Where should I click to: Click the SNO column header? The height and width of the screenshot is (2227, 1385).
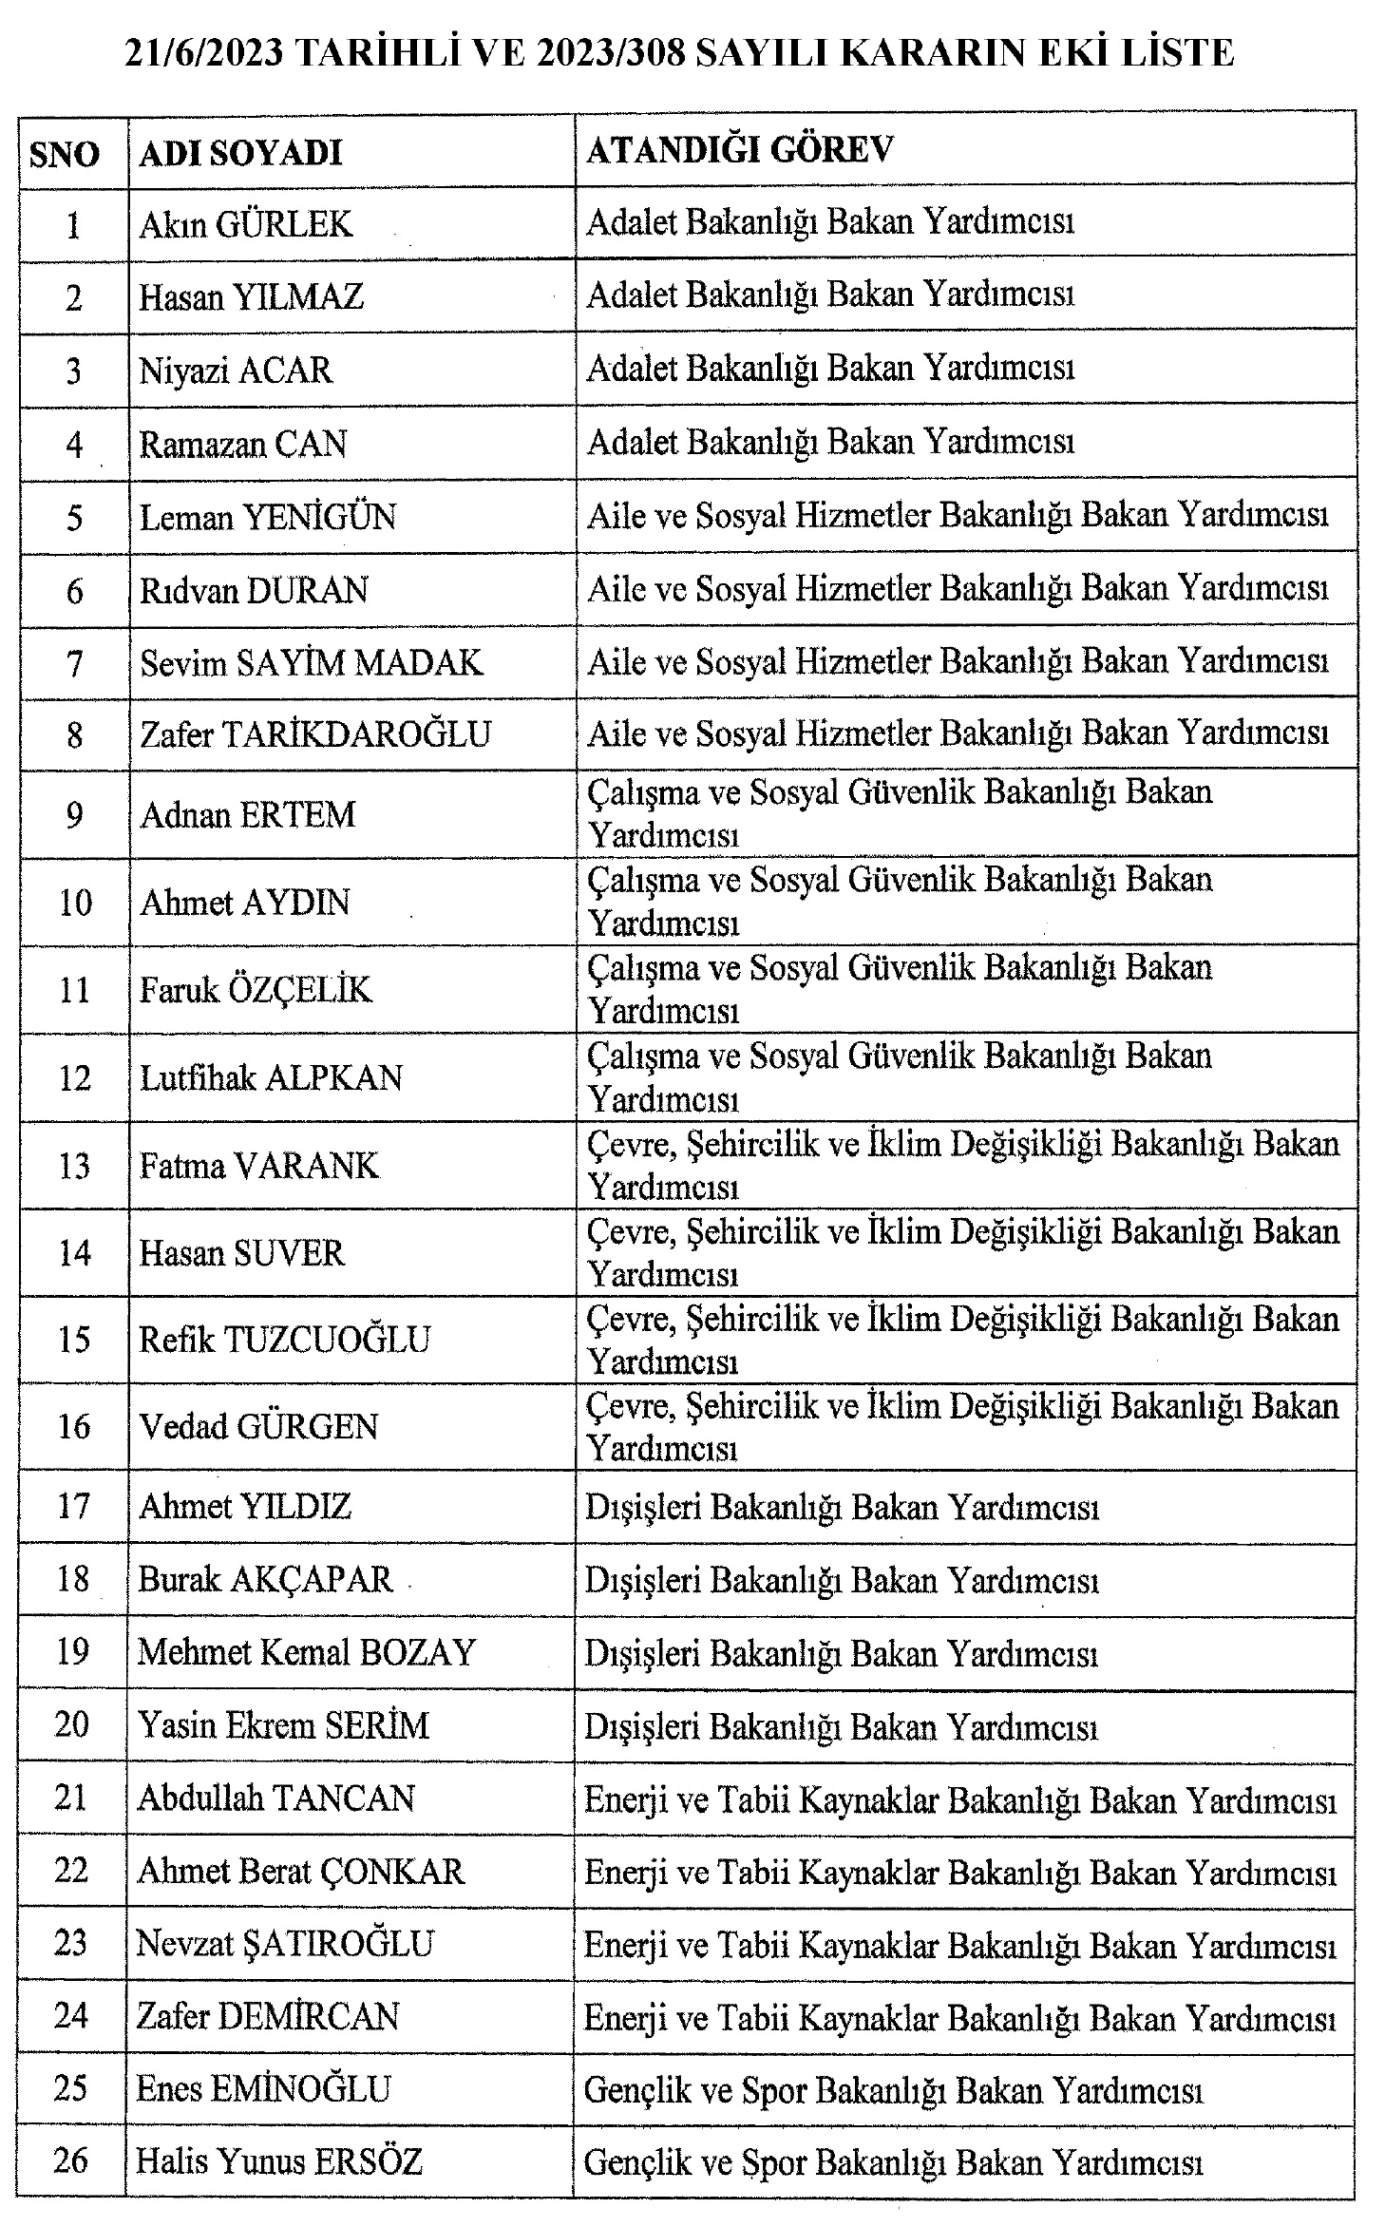[64, 154]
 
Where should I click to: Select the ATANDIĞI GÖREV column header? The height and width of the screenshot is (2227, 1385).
[740, 150]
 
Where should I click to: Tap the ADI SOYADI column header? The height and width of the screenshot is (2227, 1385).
[240, 153]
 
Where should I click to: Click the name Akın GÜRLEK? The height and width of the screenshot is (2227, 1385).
[245, 224]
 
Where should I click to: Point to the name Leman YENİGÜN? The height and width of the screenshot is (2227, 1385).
[267, 517]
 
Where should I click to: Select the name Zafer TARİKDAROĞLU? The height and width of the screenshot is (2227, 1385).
[314, 733]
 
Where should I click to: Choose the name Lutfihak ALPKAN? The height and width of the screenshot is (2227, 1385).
[271, 1077]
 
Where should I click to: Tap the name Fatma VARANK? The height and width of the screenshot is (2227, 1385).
[258, 1165]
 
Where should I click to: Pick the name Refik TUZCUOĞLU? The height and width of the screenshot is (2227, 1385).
[284, 1340]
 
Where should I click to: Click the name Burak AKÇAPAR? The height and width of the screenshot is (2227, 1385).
[265, 1579]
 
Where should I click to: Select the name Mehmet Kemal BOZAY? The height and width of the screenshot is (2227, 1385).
[306, 1652]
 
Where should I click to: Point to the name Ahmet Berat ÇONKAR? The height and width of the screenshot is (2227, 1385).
[300, 1871]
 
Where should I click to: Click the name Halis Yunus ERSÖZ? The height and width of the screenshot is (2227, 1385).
[279, 2160]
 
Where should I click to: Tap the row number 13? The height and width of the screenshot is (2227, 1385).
[74, 1166]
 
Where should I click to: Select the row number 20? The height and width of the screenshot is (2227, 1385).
[73, 1724]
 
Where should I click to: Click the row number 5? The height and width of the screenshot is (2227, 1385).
[74, 518]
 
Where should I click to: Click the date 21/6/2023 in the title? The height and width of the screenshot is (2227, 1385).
[203, 53]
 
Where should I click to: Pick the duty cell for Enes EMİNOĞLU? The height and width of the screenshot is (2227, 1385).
[893, 2090]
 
